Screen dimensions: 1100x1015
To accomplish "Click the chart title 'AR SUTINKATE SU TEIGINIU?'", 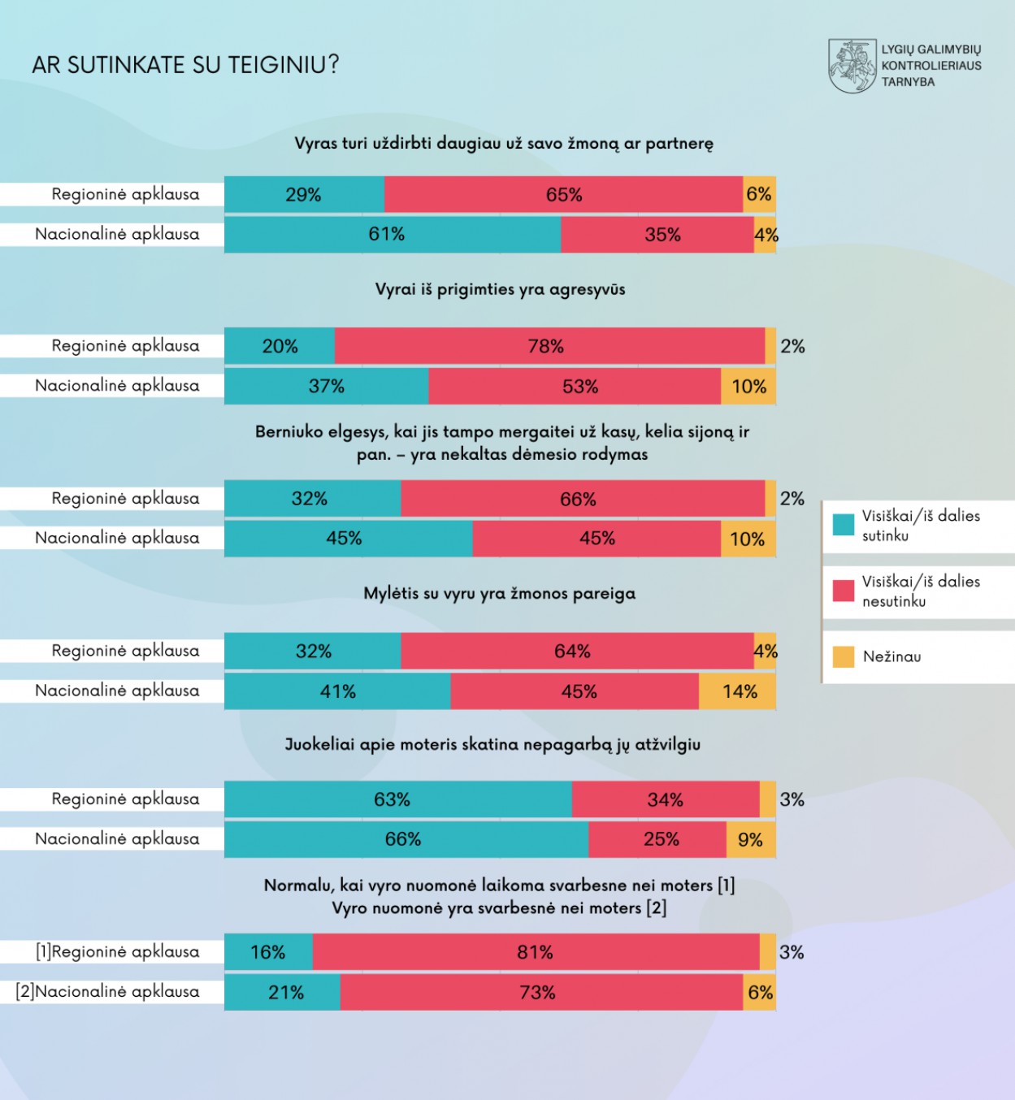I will point(185,65).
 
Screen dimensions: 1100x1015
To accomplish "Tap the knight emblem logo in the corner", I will point(852,66).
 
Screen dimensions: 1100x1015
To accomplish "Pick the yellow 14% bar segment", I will point(737,691).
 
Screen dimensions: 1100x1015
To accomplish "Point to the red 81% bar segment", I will point(536,952).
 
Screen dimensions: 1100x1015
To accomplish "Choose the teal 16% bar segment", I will point(268,952).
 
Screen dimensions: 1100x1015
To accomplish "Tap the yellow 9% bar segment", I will point(750,839).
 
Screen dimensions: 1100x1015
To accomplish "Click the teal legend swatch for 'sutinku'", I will point(844,525).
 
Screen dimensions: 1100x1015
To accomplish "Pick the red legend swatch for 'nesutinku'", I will point(844,591).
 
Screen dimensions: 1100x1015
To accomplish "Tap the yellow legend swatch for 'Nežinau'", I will point(844,656).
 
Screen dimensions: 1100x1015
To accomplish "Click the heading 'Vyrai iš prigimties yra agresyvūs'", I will point(500,289).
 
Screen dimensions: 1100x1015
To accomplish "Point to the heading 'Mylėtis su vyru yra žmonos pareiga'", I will point(499,593).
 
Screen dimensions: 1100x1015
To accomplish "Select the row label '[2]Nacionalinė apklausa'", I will point(108,992).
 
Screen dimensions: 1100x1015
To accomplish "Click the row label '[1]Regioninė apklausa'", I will point(117,952).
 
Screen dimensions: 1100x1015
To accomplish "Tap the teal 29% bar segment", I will point(304,195).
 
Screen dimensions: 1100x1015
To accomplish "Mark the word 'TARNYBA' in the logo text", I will point(908,82).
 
